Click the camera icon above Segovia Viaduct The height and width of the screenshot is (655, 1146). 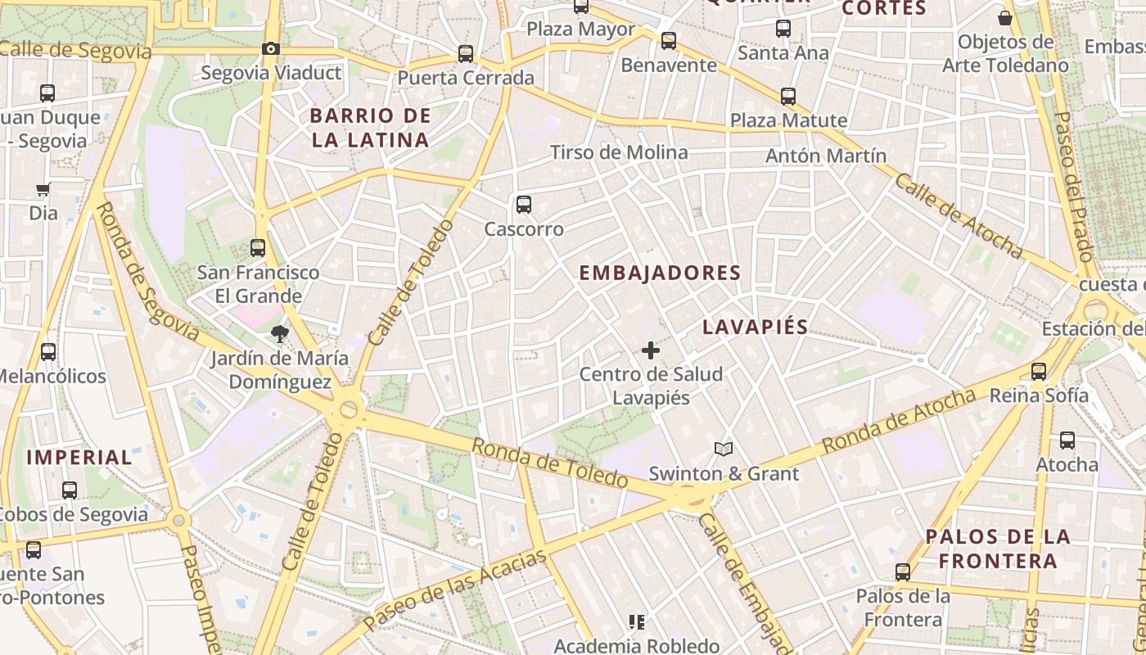point(271,49)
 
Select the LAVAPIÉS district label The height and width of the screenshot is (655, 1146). point(755,327)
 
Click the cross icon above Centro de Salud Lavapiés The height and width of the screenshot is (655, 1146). point(651,350)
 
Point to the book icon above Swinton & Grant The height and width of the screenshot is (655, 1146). point(723,449)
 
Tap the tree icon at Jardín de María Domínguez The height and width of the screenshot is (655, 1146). point(280,333)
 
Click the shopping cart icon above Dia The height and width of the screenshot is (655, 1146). point(43,189)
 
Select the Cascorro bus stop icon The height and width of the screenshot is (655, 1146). point(523,205)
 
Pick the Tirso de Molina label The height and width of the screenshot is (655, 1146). point(619,152)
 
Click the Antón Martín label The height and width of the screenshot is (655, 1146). point(826,156)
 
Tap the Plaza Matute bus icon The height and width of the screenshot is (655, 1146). point(787,97)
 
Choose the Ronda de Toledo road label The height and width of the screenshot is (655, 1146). point(550,463)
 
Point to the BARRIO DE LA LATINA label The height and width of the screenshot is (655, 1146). point(370,128)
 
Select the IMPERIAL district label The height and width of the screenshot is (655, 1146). point(79,457)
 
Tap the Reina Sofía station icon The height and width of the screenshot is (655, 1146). point(1039,372)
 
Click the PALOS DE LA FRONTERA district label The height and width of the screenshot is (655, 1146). point(998,549)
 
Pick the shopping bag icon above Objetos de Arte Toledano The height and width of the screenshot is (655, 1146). point(1005,18)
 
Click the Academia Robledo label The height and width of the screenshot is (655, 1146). point(637,646)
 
